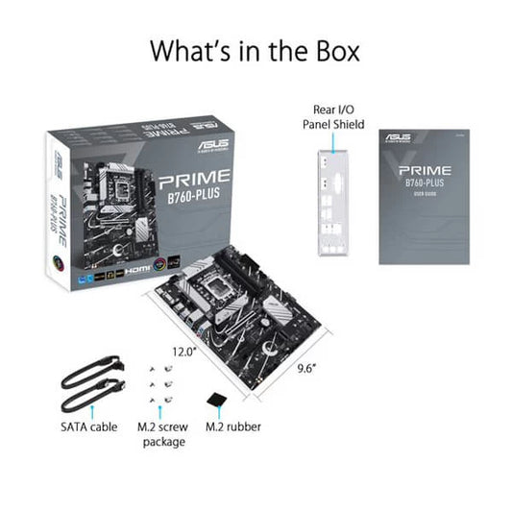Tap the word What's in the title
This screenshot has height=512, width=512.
point(180,51)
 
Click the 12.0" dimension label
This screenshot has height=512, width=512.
point(183,352)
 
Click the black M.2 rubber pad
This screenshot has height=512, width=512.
point(217,397)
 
